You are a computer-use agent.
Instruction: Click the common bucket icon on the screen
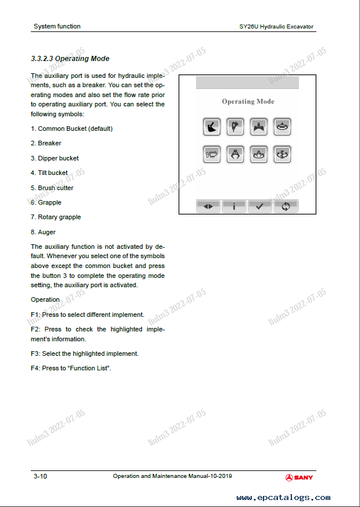tap(212, 126)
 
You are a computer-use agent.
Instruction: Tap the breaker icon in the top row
tap(235, 126)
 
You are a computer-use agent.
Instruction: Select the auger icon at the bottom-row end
tap(282, 154)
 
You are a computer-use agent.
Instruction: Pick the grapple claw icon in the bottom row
tap(235, 154)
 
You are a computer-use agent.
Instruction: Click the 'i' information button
tap(234, 206)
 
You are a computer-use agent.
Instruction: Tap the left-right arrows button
tap(209, 206)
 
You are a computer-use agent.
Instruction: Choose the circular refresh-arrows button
tap(286, 206)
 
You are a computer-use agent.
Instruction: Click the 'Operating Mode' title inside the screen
tap(248, 102)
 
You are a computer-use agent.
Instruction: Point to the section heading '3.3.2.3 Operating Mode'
tap(70, 59)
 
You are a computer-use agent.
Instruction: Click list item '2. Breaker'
tap(46, 143)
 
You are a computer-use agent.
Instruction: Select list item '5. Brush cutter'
tap(52, 188)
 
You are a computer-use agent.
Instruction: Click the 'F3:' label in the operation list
tap(35, 354)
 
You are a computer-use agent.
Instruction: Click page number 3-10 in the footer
tap(40, 477)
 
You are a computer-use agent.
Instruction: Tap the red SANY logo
tap(299, 477)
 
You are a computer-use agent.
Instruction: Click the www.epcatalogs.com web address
tap(283, 498)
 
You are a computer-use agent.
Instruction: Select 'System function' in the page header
tap(57, 26)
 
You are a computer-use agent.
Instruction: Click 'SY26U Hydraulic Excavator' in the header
tap(276, 27)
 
